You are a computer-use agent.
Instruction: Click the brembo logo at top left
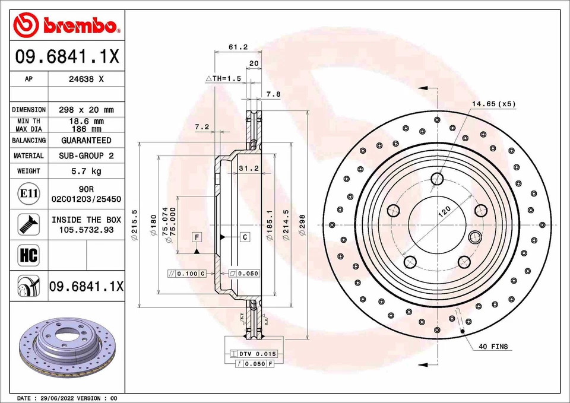click(x=67, y=25)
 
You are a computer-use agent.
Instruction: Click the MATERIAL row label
click(x=28, y=156)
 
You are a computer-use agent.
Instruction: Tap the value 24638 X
click(x=86, y=78)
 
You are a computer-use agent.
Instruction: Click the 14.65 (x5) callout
click(x=493, y=104)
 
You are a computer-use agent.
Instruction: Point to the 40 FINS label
click(x=493, y=347)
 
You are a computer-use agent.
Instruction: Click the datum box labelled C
click(x=245, y=237)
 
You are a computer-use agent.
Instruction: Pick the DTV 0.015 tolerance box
click(x=254, y=354)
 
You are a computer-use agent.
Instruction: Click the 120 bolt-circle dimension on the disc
click(x=444, y=212)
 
